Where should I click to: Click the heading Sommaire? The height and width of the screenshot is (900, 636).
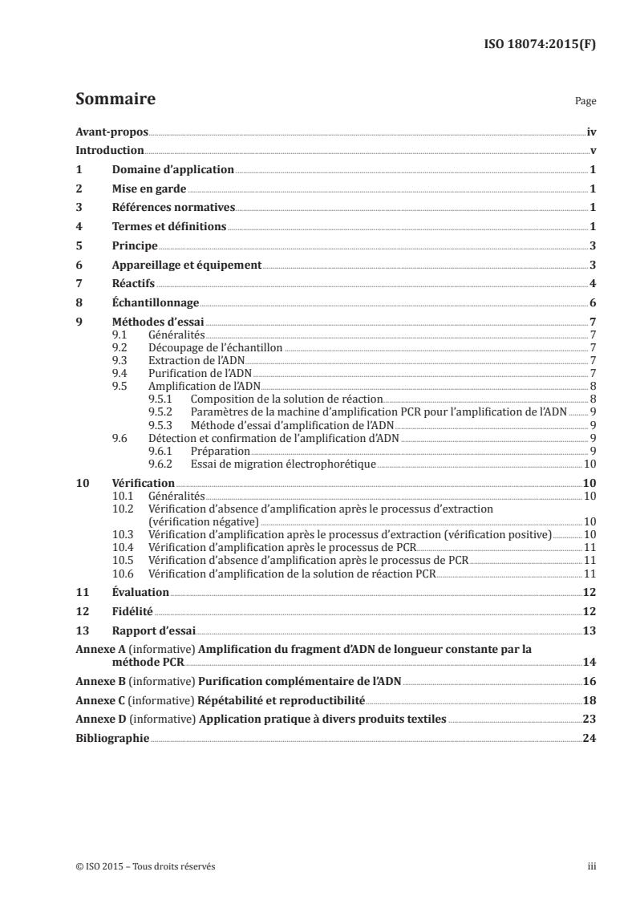pyautogui.click(x=115, y=99)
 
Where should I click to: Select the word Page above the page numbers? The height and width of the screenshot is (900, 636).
pyautogui.click(x=585, y=103)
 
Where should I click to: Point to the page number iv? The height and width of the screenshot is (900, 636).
pyautogui.click(x=590, y=131)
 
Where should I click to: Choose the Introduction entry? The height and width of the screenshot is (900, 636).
pyautogui.click(x=109, y=150)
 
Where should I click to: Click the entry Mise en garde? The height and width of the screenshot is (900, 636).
pyautogui.click(x=149, y=189)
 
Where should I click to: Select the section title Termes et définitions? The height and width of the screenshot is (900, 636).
pyautogui.click(x=169, y=227)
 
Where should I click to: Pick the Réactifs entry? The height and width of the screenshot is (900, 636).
pyautogui.click(x=133, y=284)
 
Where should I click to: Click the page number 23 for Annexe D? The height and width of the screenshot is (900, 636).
pyautogui.click(x=589, y=720)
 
